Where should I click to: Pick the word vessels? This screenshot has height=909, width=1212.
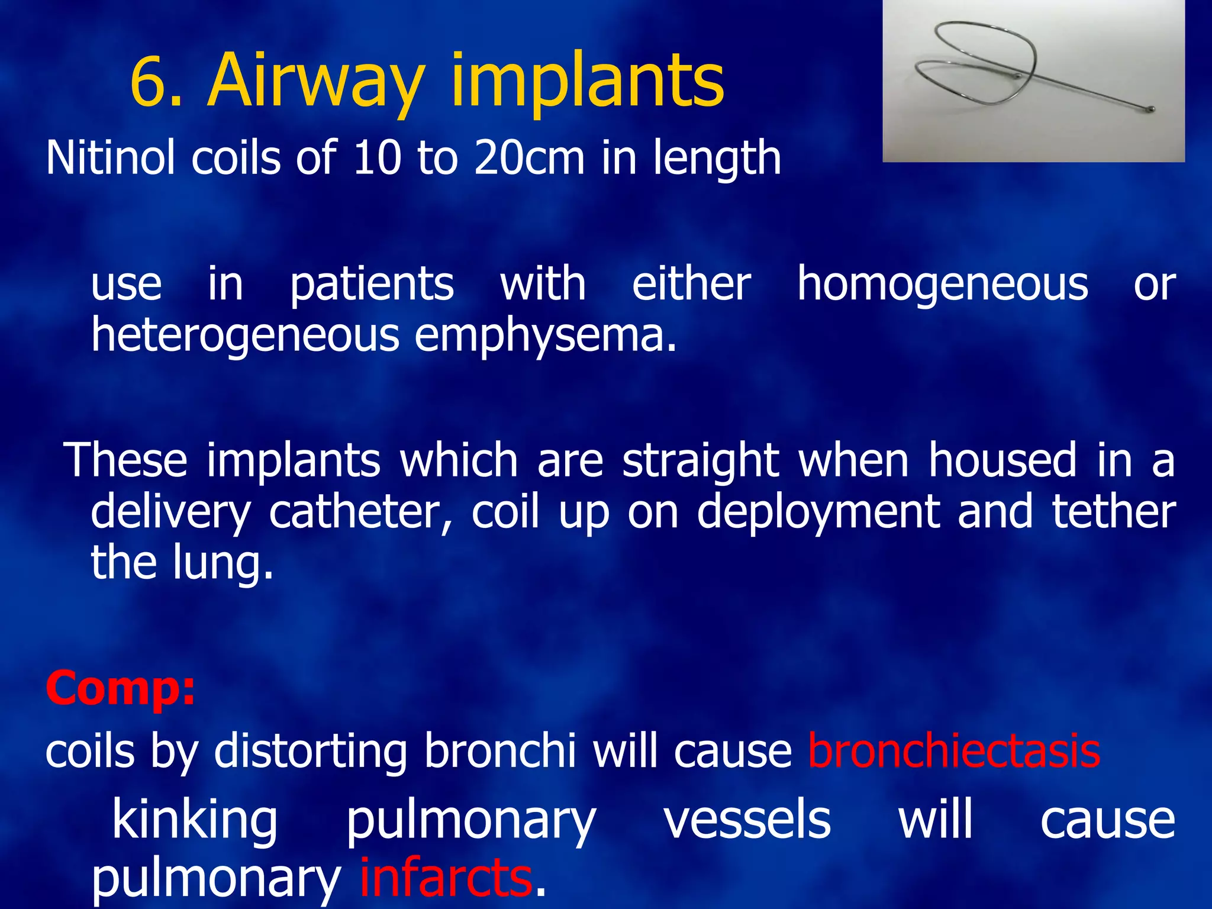click(x=747, y=819)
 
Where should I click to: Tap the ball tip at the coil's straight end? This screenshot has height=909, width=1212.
click(x=1151, y=109)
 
